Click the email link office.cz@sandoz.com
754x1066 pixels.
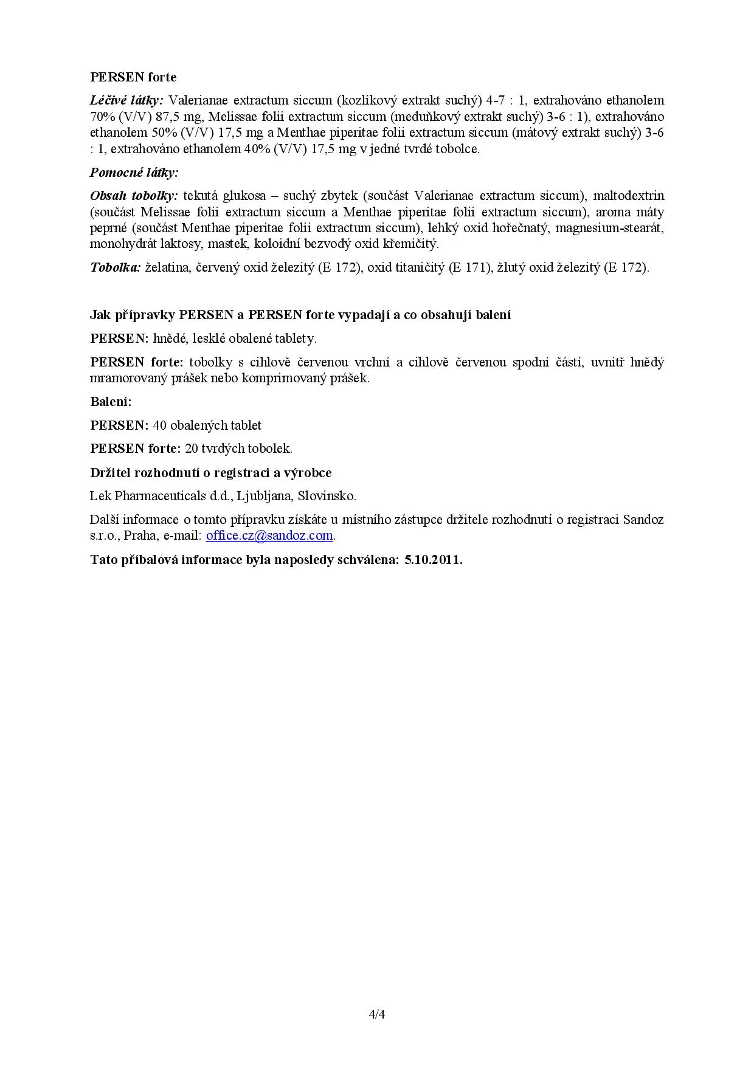tap(269, 535)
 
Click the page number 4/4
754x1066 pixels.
tap(377, 1014)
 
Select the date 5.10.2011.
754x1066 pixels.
tap(433, 560)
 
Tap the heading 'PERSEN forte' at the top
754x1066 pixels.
tap(133, 77)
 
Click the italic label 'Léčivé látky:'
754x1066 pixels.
tap(126, 100)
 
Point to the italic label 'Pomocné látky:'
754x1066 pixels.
tap(134, 173)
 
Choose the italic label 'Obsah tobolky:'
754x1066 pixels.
tap(134, 196)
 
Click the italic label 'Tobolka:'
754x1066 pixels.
tap(116, 267)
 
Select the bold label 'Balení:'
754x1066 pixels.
tap(111, 402)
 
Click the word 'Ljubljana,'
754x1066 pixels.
tap(265, 496)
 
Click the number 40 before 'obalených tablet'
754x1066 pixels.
tap(159, 425)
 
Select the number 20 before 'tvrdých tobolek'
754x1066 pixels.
tap(191, 449)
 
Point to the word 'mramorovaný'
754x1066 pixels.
tap(126, 378)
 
